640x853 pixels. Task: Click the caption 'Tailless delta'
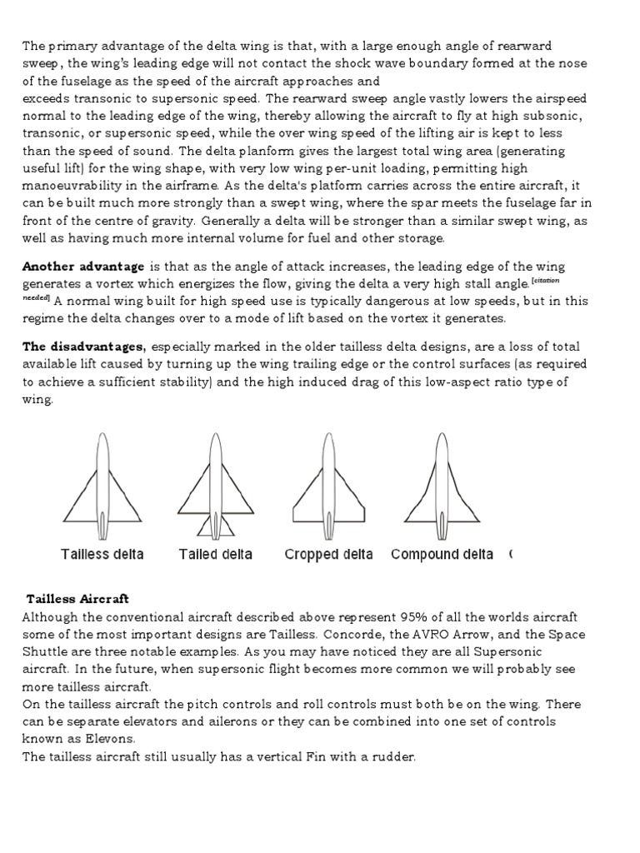pyautogui.click(x=102, y=555)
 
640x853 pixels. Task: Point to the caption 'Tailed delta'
pyautogui.click(x=215, y=555)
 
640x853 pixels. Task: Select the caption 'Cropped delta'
pyautogui.click(x=328, y=555)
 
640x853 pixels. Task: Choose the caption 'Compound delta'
pyautogui.click(x=442, y=555)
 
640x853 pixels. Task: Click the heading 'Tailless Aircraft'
pyautogui.click(x=77, y=599)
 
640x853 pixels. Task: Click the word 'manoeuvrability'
pyautogui.click(x=71, y=187)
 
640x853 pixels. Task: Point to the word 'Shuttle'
pyautogui.click(x=45, y=652)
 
